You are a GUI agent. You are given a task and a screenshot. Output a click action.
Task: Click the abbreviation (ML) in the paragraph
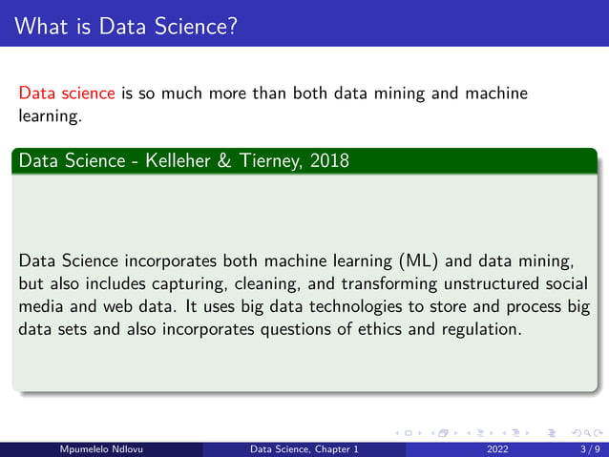pos(408,260)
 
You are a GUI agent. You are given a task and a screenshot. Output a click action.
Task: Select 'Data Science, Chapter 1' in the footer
pos(304,449)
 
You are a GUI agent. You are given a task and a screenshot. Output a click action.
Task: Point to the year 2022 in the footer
pos(497,449)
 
